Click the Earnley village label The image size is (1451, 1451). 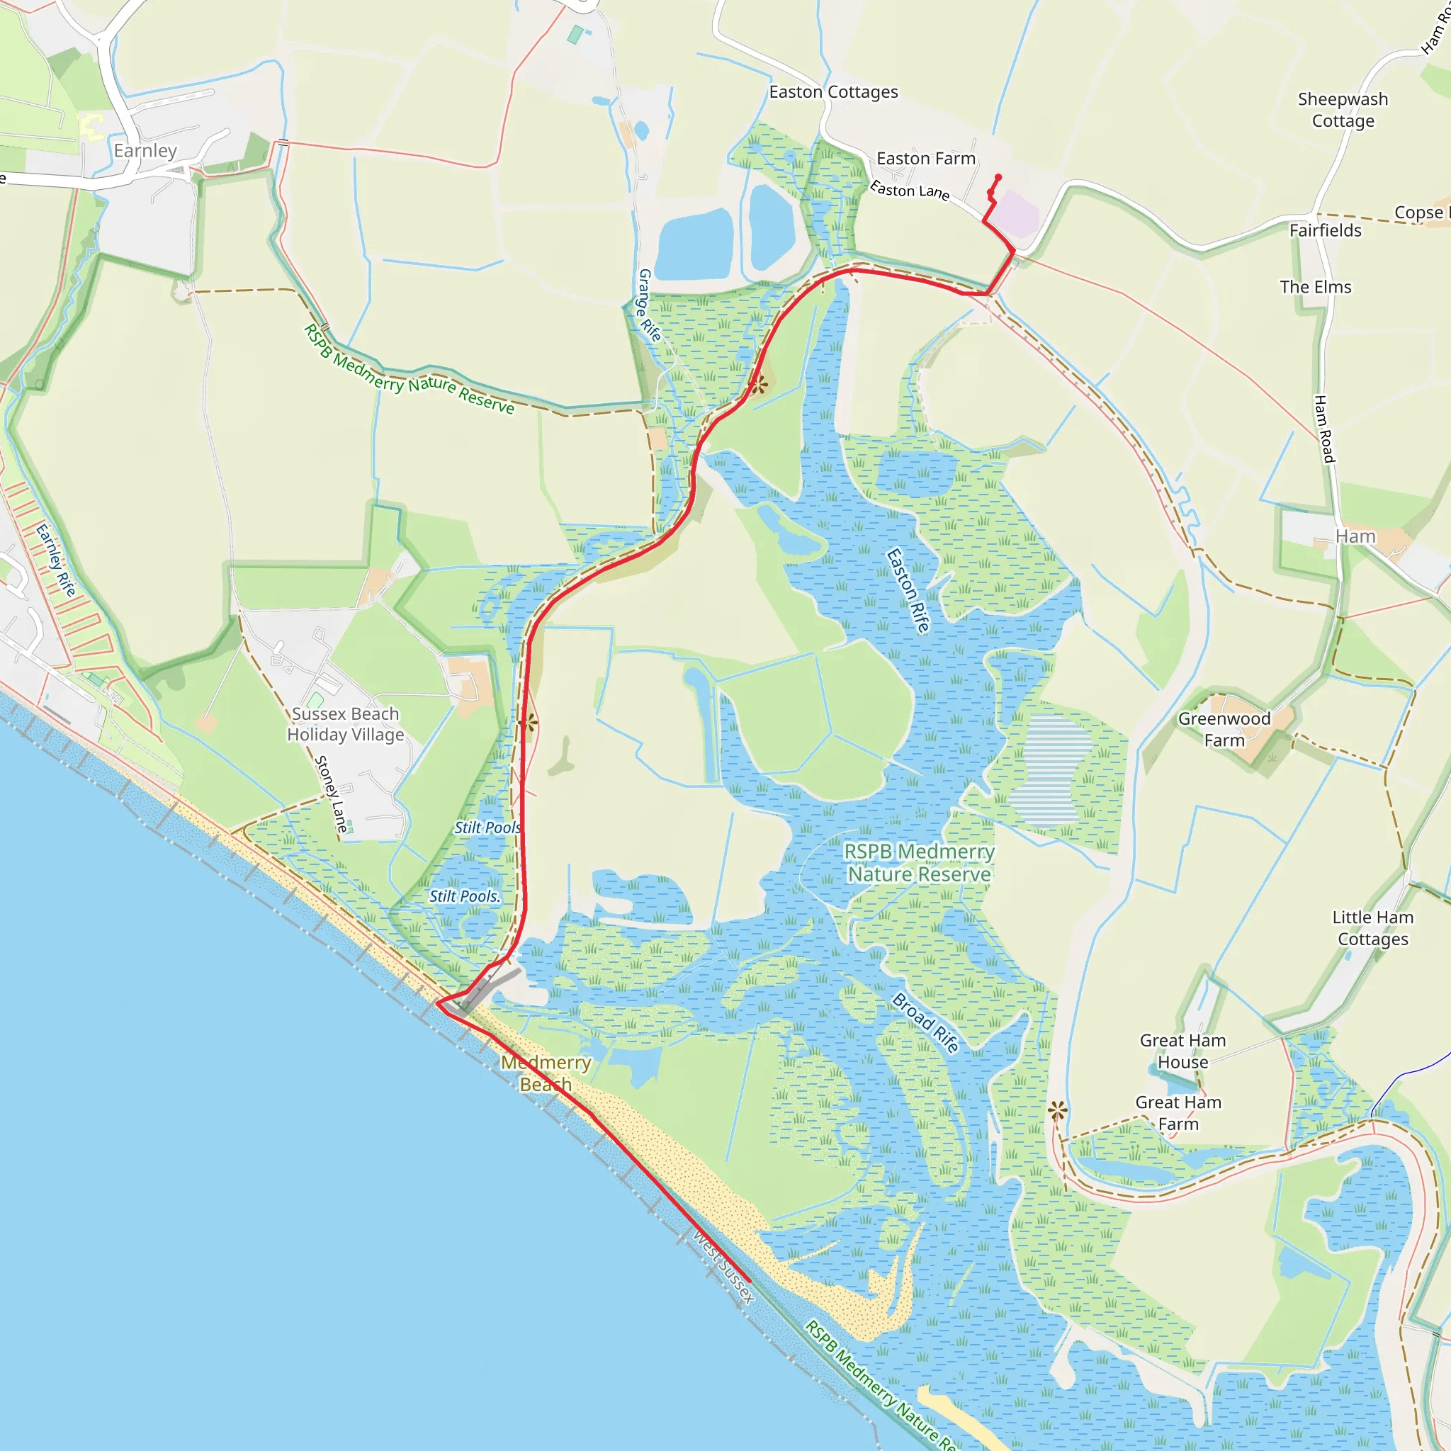click(145, 151)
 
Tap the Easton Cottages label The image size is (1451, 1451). click(833, 92)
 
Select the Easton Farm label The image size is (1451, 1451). click(925, 159)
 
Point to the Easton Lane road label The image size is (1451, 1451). click(909, 190)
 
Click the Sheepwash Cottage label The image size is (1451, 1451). click(1342, 110)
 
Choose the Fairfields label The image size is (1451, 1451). click(1325, 230)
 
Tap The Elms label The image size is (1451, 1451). click(1315, 287)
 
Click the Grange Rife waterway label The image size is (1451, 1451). click(649, 305)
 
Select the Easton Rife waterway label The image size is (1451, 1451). click(908, 590)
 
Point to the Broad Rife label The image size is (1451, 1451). click(925, 1022)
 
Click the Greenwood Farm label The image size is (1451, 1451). click(1224, 729)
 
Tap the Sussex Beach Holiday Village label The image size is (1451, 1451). click(346, 724)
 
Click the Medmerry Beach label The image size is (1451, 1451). click(546, 1073)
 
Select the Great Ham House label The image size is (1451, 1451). click(1182, 1051)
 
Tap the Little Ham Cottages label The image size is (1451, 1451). click(1372, 927)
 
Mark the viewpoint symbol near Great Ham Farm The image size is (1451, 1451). click(1058, 1110)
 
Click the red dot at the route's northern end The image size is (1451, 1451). click(998, 177)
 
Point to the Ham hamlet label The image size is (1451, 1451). click(1355, 536)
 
